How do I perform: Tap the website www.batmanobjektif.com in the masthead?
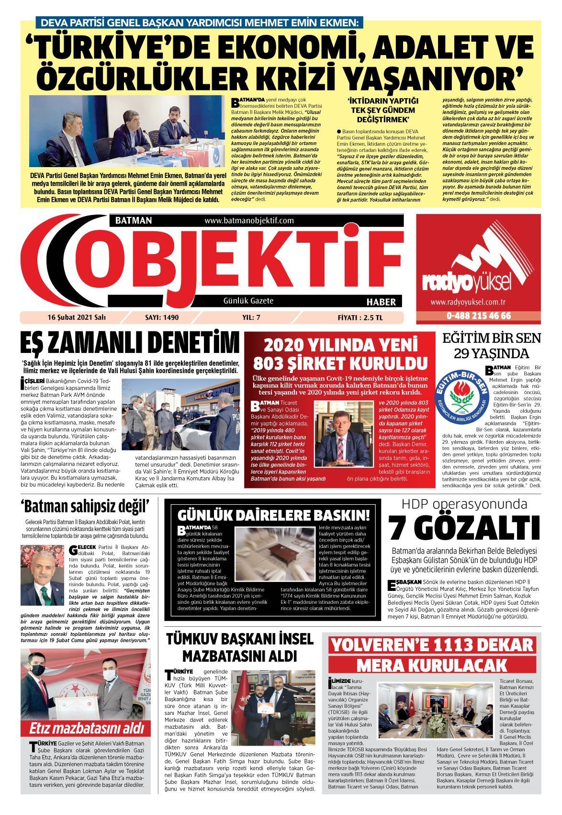(x=249, y=221)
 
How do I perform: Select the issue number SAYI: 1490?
(x=161, y=317)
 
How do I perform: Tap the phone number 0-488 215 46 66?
(x=478, y=316)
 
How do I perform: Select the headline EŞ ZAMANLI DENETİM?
(x=129, y=343)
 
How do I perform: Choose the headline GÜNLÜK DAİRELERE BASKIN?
(x=274, y=515)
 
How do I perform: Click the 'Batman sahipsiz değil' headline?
(x=85, y=506)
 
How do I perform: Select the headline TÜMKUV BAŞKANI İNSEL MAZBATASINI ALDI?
(x=239, y=646)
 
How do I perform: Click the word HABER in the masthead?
(x=381, y=302)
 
